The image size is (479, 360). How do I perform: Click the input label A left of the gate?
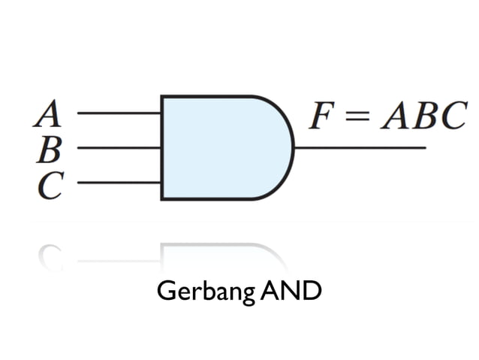[x=47, y=114]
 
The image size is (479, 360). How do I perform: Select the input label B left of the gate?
[x=49, y=150]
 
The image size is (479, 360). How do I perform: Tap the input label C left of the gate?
[x=50, y=186]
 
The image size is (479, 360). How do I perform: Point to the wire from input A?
[x=119, y=113]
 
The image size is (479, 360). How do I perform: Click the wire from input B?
[x=119, y=148]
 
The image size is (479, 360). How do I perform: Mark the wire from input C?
[x=119, y=183]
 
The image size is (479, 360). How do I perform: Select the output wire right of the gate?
[x=360, y=148]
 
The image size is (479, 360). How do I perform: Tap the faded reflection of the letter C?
[x=51, y=256]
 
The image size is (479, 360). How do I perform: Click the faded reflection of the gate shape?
[x=218, y=253]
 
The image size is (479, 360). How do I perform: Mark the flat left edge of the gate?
[x=162, y=148]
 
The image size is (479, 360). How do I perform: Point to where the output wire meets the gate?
[x=294, y=148]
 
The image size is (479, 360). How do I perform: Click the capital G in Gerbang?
[x=164, y=290]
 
